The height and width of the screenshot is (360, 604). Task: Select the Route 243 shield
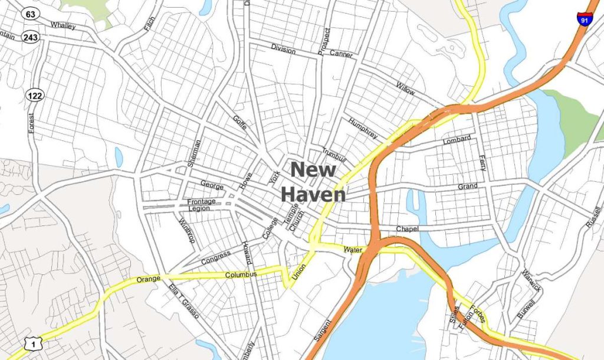click(30, 38)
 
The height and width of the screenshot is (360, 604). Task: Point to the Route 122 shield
click(35, 95)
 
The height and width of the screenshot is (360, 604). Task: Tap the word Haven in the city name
click(313, 194)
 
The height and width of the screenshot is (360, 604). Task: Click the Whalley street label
click(63, 25)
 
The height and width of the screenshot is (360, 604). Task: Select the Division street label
click(283, 50)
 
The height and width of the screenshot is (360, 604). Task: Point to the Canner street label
click(341, 54)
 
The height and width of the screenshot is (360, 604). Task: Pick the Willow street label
click(406, 89)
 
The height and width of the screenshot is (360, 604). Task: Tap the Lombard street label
click(457, 140)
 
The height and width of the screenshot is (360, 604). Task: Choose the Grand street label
click(468, 186)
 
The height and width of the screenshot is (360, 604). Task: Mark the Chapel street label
click(407, 228)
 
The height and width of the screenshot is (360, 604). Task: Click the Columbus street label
click(241, 275)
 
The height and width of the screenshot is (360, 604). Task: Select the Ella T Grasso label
click(183, 302)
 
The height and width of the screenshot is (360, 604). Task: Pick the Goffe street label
click(239, 123)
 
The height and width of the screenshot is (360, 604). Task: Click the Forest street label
click(32, 123)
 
